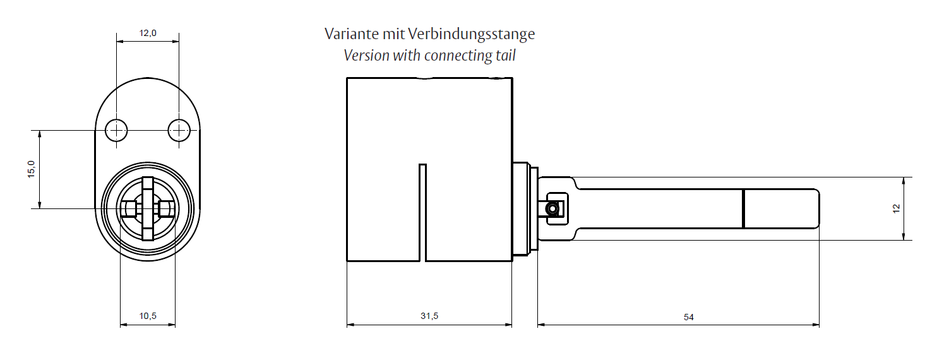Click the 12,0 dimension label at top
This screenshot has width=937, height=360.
[x=148, y=33]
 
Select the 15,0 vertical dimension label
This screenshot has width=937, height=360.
[x=32, y=169]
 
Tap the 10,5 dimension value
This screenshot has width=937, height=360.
[x=148, y=316]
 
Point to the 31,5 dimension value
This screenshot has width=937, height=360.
[x=429, y=316]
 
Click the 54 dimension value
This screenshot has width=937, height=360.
[x=688, y=317]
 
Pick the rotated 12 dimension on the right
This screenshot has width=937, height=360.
[x=896, y=208]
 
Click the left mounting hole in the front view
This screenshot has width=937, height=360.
[x=116, y=131]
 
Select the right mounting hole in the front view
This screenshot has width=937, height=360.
[x=179, y=131]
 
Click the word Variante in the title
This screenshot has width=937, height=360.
[x=352, y=34]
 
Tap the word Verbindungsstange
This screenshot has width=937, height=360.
[x=472, y=35]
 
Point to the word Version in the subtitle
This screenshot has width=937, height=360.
[x=366, y=56]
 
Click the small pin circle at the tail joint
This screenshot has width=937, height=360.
[x=552, y=208]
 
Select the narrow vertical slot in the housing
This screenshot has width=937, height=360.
[x=422, y=213]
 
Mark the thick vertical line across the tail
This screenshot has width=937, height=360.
[x=743, y=209]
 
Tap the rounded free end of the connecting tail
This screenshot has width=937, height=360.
[x=818, y=209]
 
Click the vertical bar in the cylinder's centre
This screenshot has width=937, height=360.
[x=148, y=209]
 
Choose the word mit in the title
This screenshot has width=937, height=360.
[x=393, y=34]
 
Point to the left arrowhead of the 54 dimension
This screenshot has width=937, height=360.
[x=542, y=325]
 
